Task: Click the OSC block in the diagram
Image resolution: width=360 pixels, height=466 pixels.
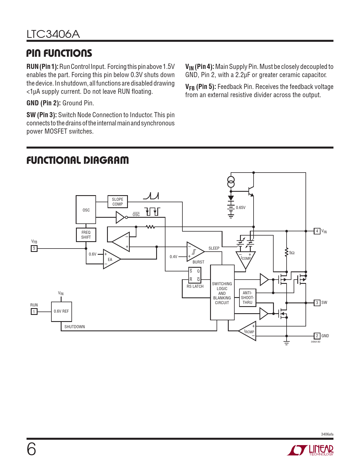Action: tap(86, 210)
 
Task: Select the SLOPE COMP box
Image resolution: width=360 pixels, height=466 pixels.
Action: tap(117, 202)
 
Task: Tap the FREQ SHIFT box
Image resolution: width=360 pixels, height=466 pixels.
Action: tap(86, 235)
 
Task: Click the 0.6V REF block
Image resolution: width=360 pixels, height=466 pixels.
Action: tap(61, 311)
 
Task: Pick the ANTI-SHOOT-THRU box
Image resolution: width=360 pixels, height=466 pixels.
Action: tap(247, 298)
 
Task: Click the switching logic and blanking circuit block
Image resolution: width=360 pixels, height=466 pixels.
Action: tap(222, 293)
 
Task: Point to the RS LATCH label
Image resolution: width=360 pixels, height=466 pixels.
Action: tap(195, 286)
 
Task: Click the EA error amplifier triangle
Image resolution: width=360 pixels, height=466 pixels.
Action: tap(111, 259)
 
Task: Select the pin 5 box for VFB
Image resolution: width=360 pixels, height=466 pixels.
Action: tap(34, 249)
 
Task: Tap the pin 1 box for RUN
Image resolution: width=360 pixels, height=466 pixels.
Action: tap(34, 312)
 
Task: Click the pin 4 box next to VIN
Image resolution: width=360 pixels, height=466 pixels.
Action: tap(317, 231)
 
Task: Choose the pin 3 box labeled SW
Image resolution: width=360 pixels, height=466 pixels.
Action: tap(317, 303)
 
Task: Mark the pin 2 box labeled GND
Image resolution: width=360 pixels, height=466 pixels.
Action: tap(317, 336)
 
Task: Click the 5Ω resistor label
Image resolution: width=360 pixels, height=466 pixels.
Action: tap(292, 253)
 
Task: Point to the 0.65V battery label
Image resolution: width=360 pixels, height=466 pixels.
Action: tap(241, 208)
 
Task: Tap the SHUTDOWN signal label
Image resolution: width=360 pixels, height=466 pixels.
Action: tap(75, 327)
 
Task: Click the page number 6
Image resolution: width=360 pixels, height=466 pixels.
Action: tap(31, 449)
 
